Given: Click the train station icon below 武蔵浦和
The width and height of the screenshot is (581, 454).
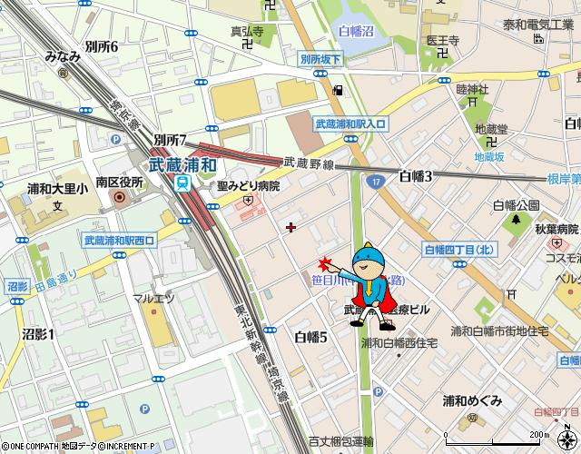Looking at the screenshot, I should tap(183, 183).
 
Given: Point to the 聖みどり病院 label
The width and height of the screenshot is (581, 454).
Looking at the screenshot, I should tap(248, 185).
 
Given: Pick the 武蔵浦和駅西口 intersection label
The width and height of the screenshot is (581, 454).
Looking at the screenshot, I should tap(119, 240).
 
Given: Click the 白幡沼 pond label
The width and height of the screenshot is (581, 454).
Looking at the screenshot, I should tap(356, 32).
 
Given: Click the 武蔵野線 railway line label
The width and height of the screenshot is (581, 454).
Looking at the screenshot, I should tap(310, 163).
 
